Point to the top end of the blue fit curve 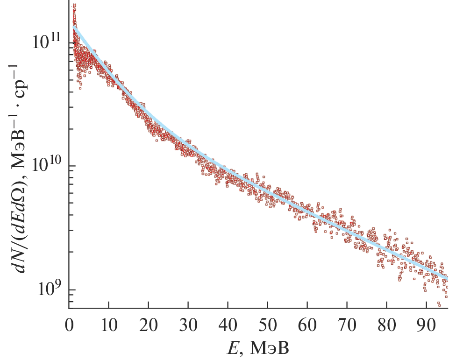73,27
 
